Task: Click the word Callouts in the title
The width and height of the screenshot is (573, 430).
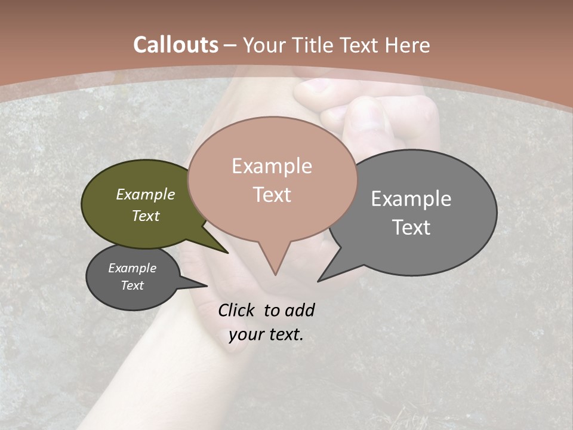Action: pos(175,45)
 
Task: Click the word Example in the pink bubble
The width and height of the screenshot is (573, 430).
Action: pos(272,166)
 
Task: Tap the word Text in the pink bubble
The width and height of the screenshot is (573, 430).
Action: pos(272,195)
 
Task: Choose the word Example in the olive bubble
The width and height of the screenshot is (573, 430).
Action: pos(146,194)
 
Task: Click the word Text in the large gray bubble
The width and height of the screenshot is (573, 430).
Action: pos(411,228)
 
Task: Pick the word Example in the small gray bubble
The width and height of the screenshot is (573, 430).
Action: pos(132,268)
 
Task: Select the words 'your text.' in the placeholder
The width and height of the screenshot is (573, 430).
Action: pos(266,334)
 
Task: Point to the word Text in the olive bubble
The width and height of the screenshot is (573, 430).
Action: pos(146,216)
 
